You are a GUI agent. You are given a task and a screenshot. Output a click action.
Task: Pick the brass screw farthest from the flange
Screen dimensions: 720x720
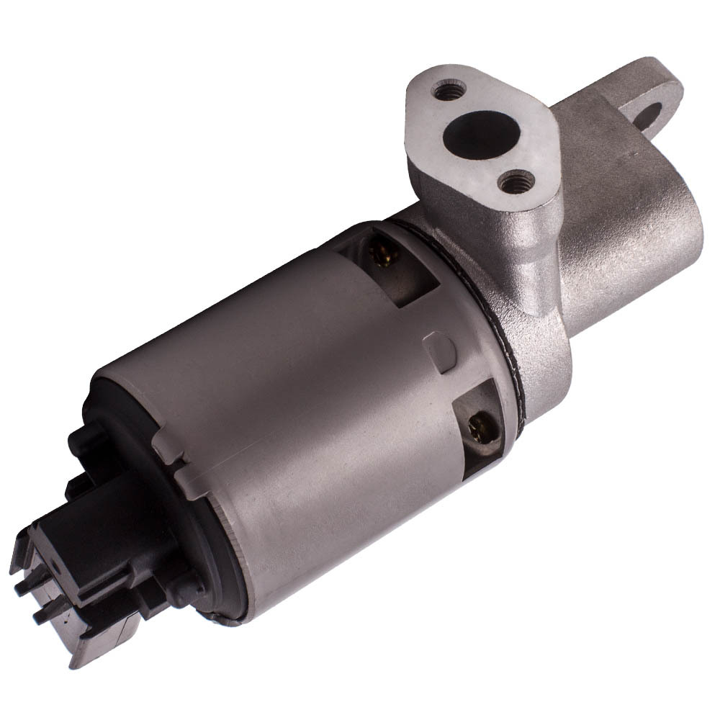[476, 429]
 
